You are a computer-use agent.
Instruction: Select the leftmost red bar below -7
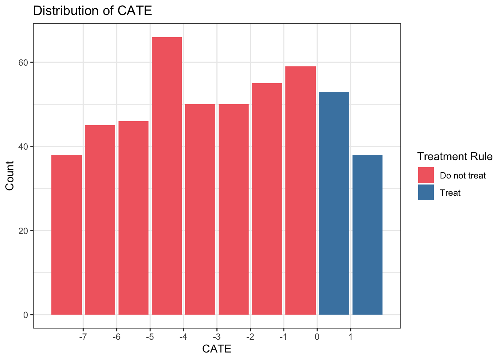click(66, 234)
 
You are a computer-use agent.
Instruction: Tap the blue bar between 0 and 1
click(334, 203)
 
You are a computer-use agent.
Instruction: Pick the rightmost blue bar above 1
click(367, 234)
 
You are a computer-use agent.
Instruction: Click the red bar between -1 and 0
click(300, 190)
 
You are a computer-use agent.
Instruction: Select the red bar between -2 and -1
click(267, 199)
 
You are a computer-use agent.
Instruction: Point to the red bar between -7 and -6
click(100, 220)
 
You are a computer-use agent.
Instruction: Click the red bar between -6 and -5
click(133, 217)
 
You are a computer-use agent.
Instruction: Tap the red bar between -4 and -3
click(200, 209)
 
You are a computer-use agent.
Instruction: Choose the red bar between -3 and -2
click(234, 209)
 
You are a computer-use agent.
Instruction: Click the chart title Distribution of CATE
click(93, 10)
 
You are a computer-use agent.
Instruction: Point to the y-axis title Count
click(10, 175)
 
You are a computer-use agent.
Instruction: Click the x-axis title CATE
click(217, 349)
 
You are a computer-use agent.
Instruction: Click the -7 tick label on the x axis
click(83, 337)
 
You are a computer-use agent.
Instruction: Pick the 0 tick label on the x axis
click(317, 337)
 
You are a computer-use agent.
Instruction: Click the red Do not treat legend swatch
click(426, 175)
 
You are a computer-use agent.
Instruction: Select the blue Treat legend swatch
click(426, 192)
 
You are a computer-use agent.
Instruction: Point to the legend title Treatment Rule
click(455, 156)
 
